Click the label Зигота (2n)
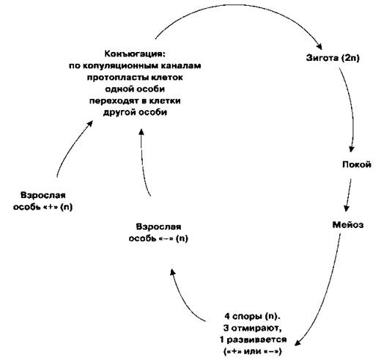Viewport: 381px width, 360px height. (x=333, y=58)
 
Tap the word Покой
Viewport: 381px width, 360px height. (x=357, y=164)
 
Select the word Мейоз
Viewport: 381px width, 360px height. (x=348, y=224)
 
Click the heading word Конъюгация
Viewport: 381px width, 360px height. (x=135, y=54)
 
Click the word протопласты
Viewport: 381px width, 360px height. (x=117, y=78)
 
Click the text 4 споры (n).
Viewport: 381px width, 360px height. (x=253, y=316)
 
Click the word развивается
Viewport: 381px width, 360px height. (x=256, y=339)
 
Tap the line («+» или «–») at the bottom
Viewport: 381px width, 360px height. (x=253, y=351)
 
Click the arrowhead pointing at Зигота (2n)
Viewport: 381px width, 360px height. (x=319, y=47)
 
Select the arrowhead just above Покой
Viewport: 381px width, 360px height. (x=352, y=149)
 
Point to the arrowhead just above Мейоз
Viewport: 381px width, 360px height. (x=347, y=208)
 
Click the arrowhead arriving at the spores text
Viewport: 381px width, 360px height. (x=298, y=342)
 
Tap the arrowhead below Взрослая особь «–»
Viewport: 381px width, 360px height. (x=173, y=273)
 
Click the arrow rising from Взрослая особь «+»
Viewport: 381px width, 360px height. (x=72, y=146)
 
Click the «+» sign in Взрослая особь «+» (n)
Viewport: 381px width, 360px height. (x=51, y=207)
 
